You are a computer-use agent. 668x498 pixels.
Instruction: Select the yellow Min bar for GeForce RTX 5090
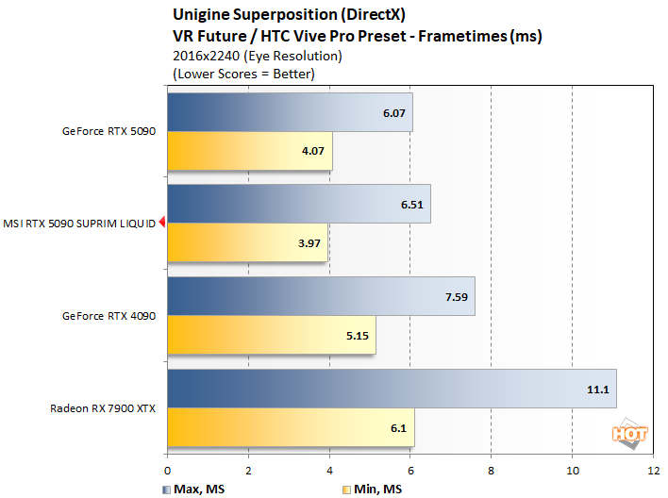tap(249, 150)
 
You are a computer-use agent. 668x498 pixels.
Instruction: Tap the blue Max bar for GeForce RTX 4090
tap(321, 297)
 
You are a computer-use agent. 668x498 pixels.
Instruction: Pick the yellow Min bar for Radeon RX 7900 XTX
tap(291, 427)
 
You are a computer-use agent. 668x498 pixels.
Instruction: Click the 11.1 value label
tap(594, 390)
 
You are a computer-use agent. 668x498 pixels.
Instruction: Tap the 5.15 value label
tap(354, 335)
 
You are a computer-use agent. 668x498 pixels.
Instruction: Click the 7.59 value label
tap(453, 297)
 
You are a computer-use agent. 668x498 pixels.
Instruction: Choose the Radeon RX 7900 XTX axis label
tap(103, 408)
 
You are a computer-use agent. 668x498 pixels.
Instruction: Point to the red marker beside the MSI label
tap(162, 223)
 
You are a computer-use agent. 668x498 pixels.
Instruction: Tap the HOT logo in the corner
tap(626, 433)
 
